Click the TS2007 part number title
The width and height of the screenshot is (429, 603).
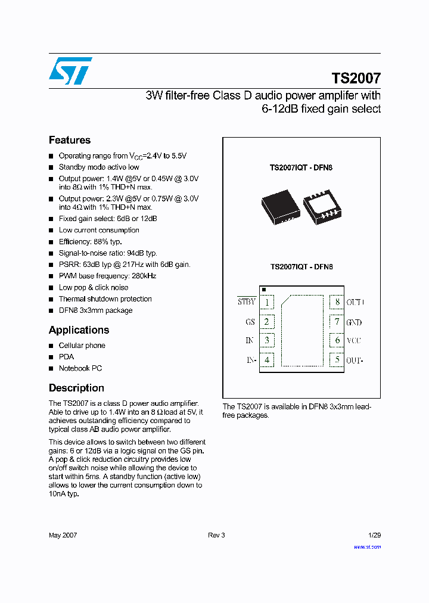point(356,78)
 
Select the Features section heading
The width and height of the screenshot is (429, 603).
point(70,140)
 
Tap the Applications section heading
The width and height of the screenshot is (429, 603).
point(79,330)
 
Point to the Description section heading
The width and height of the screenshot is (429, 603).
point(76,388)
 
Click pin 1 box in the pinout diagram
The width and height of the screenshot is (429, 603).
point(267,302)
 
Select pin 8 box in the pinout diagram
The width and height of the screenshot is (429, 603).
point(337,302)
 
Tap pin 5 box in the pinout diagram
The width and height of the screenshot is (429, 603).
point(337,360)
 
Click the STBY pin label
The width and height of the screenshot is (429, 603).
point(247,301)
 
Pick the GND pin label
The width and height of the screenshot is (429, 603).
point(354,322)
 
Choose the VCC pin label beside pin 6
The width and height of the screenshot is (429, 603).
point(354,341)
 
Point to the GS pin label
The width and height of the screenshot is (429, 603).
point(250,322)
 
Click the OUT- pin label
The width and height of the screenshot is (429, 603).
point(355,360)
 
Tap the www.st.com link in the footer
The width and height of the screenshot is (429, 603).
point(367,547)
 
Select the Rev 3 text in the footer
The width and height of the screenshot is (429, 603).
point(216,535)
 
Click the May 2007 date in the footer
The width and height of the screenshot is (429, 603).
point(63,535)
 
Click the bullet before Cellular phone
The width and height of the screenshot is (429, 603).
point(51,346)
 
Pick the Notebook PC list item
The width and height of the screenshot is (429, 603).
point(80,368)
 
